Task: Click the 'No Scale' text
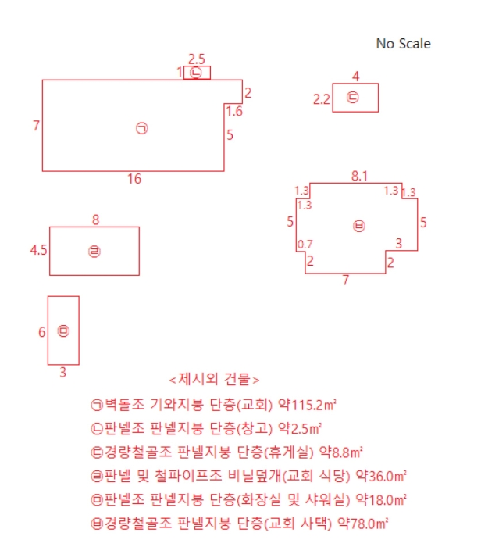pyautogui.click(x=403, y=44)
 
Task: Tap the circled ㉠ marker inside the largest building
pyautogui.click(x=141, y=128)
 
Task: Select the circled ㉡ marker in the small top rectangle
pyautogui.click(x=195, y=73)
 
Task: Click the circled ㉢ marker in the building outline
pyautogui.click(x=352, y=97)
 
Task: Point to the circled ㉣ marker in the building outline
pyautogui.click(x=94, y=251)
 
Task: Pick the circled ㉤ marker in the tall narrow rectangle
pyautogui.click(x=63, y=331)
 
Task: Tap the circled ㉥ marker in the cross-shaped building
pyautogui.click(x=358, y=226)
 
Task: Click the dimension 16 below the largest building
pyautogui.click(x=134, y=179)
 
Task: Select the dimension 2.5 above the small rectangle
pyautogui.click(x=197, y=59)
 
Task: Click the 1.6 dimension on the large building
pyautogui.click(x=234, y=112)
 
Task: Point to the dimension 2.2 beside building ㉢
pyautogui.click(x=322, y=100)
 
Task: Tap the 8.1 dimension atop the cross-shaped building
pyautogui.click(x=359, y=176)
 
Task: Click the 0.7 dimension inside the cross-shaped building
pyautogui.click(x=305, y=245)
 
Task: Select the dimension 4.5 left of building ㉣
pyautogui.click(x=38, y=250)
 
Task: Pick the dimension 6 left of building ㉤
pyautogui.click(x=42, y=332)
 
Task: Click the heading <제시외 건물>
pyautogui.click(x=214, y=379)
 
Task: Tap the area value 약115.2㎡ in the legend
pyautogui.click(x=307, y=405)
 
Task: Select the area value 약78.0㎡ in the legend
pyautogui.click(x=363, y=524)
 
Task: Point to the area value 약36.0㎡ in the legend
pyautogui.click(x=381, y=476)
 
